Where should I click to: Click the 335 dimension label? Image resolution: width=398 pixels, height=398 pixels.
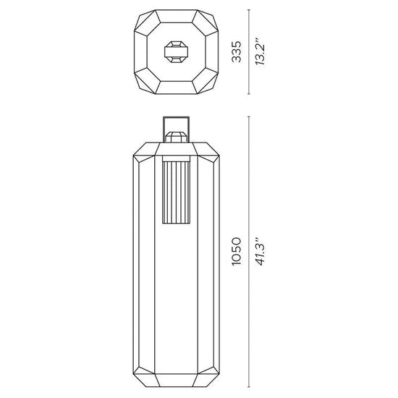(x=237, y=52)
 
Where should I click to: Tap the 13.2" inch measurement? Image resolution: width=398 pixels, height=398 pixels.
(x=261, y=52)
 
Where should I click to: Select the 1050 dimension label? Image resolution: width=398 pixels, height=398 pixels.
(x=237, y=251)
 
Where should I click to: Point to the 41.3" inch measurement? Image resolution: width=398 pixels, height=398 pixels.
(x=261, y=251)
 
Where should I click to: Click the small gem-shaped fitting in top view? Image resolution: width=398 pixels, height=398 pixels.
(x=176, y=52)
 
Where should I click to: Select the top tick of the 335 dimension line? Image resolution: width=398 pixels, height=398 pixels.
(x=249, y=10)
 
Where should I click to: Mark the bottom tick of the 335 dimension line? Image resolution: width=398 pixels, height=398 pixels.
(x=249, y=94)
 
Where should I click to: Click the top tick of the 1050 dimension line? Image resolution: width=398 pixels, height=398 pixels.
(x=249, y=117)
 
